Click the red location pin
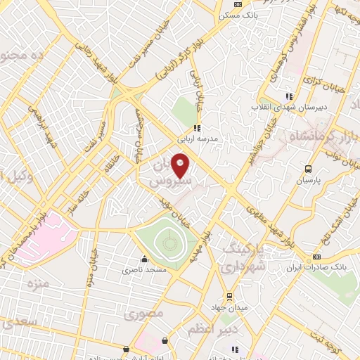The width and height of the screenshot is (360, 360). point(181,167)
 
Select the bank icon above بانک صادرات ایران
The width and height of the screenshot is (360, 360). point(316,257)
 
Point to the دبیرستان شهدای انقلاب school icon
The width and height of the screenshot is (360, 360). point(288,96)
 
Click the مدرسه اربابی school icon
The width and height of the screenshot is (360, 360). point(198,128)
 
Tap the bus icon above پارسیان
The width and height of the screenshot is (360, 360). point(308,169)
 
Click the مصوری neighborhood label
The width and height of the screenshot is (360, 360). point(148,312)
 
